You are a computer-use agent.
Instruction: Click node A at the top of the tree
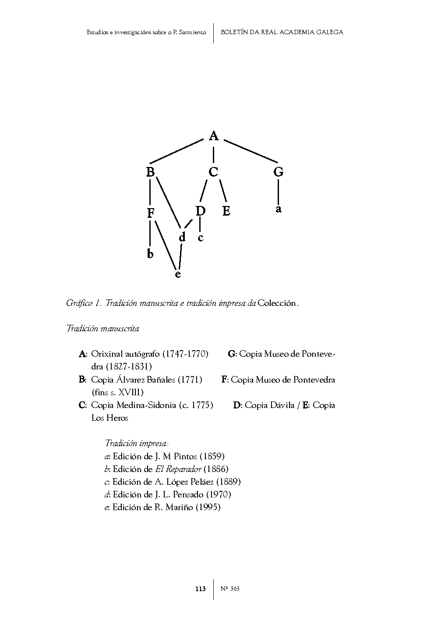[213, 136]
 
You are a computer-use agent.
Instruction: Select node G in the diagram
[278, 172]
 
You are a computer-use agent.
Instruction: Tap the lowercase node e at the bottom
[178, 275]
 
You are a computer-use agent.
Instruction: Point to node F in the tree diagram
[151, 213]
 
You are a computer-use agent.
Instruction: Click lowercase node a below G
[278, 209]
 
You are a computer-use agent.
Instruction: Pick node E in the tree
[226, 211]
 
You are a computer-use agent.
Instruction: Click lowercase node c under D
[201, 238]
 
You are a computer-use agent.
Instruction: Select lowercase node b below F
[150, 254]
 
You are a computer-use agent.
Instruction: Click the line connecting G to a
[278, 192]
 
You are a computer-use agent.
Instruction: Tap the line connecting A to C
[213, 155]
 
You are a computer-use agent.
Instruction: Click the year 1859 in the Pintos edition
[215, 456]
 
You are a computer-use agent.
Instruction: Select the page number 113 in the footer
[200, 589]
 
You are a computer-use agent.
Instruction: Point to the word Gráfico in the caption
[79, 303]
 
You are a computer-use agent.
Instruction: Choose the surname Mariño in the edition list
[179, 507]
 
